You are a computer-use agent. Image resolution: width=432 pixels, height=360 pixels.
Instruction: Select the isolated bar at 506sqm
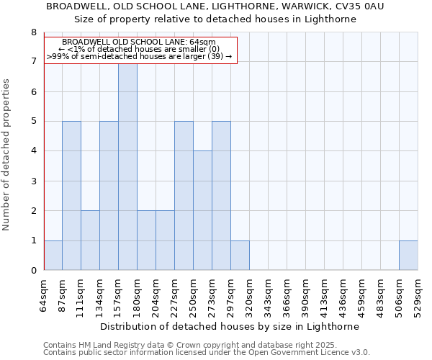pyautogui.click(x=408, y=255)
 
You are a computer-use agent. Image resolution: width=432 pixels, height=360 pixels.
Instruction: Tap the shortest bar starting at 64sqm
pyautogui.click(x=53, y=255)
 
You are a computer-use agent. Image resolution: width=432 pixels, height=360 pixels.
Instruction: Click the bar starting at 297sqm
pyautogui.click(x=240, y=255)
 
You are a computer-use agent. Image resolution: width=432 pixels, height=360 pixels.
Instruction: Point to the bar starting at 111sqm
pyautogui.click(x=90, y=240)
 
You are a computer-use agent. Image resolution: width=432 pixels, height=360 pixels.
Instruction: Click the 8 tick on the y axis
pyautogui.click(x=33, y=32)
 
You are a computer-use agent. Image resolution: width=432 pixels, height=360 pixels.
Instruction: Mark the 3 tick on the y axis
pyautogui.click(x=33, y=181)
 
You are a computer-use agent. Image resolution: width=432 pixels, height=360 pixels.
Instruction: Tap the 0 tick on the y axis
pyautogui.click(x=33, y=271)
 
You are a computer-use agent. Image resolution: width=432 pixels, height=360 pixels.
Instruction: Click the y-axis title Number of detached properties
pyautogui.click(x=7, y=155)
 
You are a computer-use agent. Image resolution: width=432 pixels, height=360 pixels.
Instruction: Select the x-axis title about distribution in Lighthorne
pyautogui.click(x=229, y=326)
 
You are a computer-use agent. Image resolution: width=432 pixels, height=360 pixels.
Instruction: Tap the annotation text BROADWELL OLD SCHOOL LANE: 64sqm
pyautogui.click(x=139, y=42)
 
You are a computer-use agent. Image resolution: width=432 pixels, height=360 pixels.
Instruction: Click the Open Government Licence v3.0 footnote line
pyautogui.click(x=207, y=353)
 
